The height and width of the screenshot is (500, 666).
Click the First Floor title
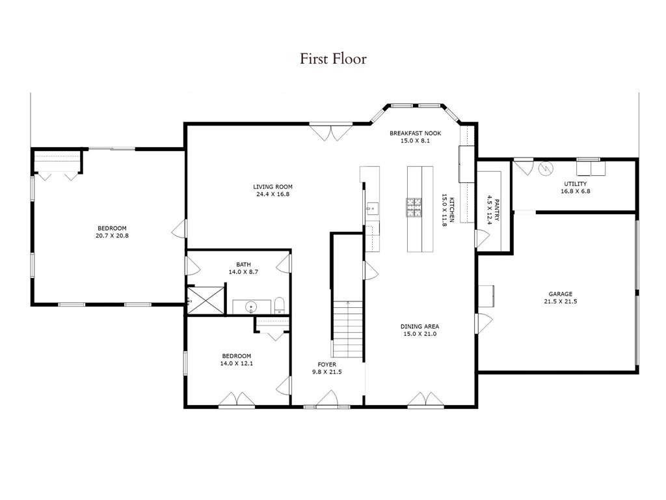point(333,59)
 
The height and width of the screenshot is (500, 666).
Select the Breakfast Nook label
point(410,133)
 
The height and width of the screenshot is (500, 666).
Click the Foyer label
point(326,364)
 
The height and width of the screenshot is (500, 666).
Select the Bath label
point(243,264)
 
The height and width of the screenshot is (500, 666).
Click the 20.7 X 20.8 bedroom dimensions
point(112,236)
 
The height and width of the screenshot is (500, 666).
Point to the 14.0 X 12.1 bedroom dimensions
point(237,363)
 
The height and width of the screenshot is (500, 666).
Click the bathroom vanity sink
point(251,306)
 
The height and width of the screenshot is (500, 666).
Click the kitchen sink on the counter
point(371,209)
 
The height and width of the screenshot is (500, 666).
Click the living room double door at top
point(332,132)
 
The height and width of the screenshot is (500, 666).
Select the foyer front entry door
point(327,399)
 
